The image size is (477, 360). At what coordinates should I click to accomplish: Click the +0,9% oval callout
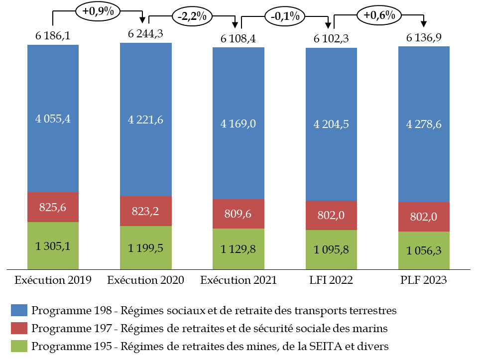[x=98, y=11]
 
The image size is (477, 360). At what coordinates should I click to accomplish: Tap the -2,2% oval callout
[x=192, y=16]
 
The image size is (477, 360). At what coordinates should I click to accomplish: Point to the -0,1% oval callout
[x=285, y=16]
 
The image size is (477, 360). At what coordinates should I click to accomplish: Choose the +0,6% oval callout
[x=379, y=15]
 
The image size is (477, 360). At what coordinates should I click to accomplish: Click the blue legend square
[x=19, y=310]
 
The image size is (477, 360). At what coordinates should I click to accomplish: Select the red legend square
[x=19, y=328]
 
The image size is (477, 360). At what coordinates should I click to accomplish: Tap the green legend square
[x=19, y=346]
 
